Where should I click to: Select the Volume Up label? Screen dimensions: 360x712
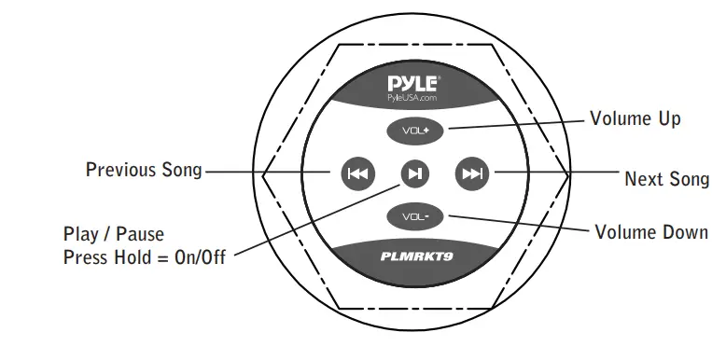[635, 118]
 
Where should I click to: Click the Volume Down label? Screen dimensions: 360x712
[650, 231]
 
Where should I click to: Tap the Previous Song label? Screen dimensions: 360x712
[144, 170]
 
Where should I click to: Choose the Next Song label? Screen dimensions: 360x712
[666, 178]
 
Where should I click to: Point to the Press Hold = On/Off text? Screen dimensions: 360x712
[144, 256]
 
